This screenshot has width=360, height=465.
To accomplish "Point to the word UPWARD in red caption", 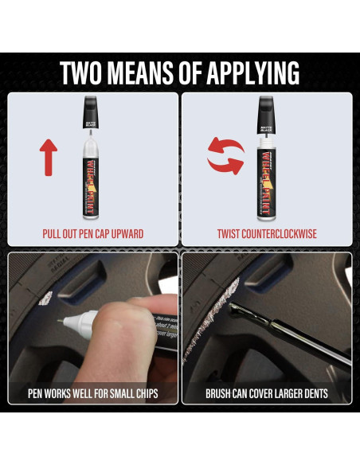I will pos(123,234).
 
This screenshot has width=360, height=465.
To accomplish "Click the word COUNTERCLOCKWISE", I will pos(280,234).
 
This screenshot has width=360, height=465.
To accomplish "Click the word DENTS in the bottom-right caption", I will pos(312,393).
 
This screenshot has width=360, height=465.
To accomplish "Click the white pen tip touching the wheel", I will pos(63,321).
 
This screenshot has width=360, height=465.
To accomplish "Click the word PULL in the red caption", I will pos(53,234).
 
